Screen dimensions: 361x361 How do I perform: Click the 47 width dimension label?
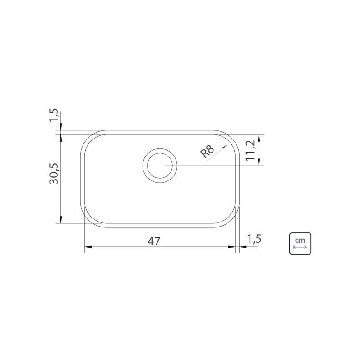point(154,241)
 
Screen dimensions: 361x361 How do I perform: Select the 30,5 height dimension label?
point(54,173)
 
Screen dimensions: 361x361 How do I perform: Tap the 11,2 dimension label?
point(250,150)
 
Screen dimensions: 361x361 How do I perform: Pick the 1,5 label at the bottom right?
point(254,239)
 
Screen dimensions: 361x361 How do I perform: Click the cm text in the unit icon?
point(300,240)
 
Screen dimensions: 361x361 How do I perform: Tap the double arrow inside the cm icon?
point(300,247)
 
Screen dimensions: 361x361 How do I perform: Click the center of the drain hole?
point(160,166)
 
